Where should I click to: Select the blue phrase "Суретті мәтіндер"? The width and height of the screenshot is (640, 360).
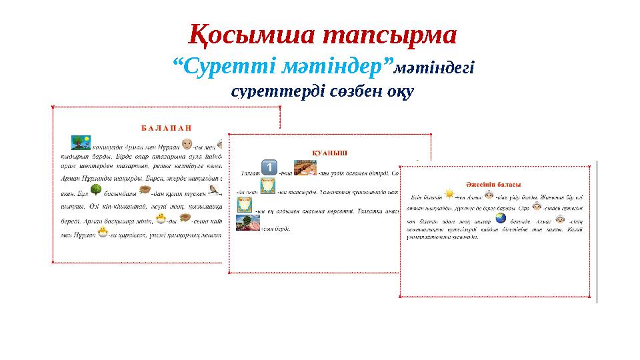coord(282,67)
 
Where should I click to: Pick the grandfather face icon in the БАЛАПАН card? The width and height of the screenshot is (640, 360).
coord(188,144)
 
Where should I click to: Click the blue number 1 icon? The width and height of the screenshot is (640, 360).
coord(267,168)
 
